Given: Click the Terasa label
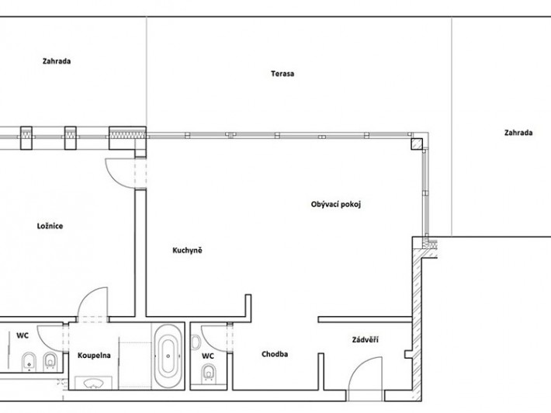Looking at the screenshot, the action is pyautogui.click(x=282, y=74).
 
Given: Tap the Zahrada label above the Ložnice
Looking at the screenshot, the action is pyautogui.click(x=57, y=61).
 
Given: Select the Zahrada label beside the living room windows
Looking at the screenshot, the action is pyautogui.click(x=518, y=133).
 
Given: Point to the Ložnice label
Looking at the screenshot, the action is pyautogui.click(x=50, y=226).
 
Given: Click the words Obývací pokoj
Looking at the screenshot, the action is pyautogui.click(x=336, y=205).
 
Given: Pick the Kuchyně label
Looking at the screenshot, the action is pyautogui.click(x=187, y=251).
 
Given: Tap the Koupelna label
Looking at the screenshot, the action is pyautogui.click(x=94, y=356).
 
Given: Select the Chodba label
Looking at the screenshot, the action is pyautogui.click(x=275, y=354).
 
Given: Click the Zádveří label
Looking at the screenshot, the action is pyautogui.click(x=365, y=340).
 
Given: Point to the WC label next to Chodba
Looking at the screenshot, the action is pyautogui.click(x=208, y=356).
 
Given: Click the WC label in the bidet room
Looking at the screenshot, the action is pyautogui.click(x=23, y=335).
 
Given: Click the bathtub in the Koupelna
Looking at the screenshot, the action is pyautogui.click(x=168, y=356).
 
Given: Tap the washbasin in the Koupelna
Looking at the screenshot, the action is pyautogui.click(x=93, y=383).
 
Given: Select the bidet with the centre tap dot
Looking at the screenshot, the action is pyautogui.click(x=29, y=362).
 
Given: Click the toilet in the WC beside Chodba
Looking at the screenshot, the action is pyautogui.click(x=209, y=373).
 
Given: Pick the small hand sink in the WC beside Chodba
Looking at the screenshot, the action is pyautogui.click(x=196, y=342).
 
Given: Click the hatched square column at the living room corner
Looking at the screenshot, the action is pyautogui.click(x=417, y=144).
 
